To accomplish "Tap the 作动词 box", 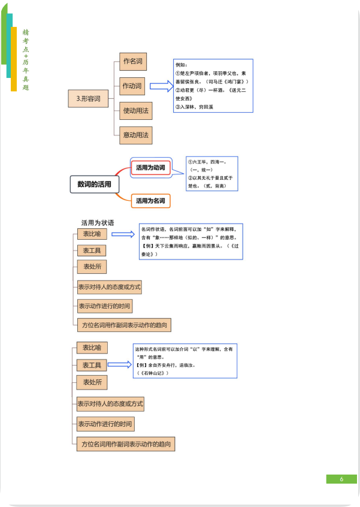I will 132,86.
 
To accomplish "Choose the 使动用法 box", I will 135,111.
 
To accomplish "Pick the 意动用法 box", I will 135,135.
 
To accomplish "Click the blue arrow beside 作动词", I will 160,86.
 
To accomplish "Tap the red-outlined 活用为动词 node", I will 150,168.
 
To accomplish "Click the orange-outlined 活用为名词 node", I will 150,200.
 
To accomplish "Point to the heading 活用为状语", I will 98,222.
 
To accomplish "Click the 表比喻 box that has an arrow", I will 92,234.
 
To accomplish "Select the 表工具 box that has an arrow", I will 92,364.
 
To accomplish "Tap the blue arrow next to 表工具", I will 119,364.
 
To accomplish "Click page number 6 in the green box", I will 341,479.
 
